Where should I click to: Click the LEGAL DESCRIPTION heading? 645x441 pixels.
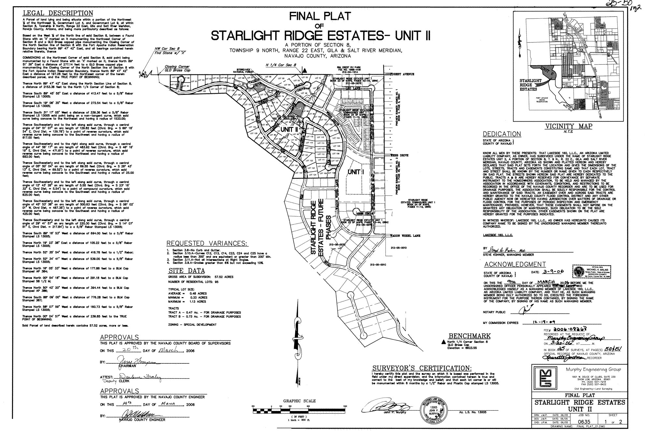[58, 13]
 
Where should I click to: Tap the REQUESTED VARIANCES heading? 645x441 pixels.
[207, 244]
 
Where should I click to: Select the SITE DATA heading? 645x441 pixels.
[186, 271]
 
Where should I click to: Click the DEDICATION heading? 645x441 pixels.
[502, 134]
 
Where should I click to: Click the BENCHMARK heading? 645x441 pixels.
[469, 336]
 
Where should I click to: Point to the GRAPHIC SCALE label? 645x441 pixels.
[299, 401]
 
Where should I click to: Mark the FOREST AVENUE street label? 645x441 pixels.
[402, 74]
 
